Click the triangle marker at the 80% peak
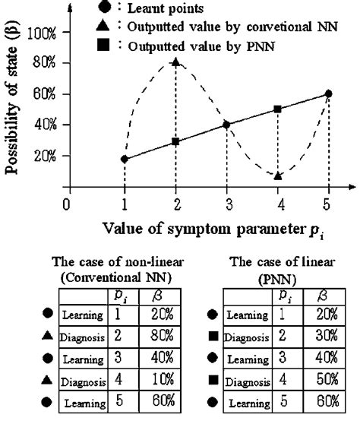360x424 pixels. coord(176,62)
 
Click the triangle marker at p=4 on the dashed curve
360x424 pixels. coord(278,176)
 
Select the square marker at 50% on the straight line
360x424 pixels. coord(278,109)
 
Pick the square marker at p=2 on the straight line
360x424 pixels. coord(176,142)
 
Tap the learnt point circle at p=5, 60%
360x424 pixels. coord(328,93)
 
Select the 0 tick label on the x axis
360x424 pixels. coord(67,204)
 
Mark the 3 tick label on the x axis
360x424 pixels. coord(226,204)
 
